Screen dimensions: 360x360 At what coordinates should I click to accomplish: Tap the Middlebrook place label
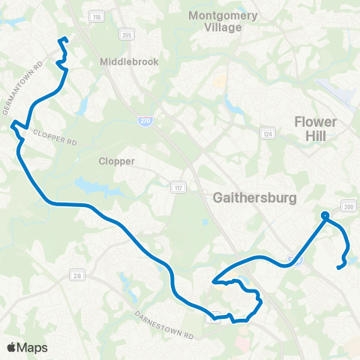tap(129, 62)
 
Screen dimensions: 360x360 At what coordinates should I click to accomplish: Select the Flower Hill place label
tap(317, 128)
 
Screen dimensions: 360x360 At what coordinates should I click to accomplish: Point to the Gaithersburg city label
tap(256, 198)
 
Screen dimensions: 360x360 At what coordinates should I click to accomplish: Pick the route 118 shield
tap(96, 16)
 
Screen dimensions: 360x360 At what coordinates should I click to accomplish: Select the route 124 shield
tap(266, 133)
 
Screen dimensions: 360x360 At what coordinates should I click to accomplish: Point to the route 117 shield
tap(176, 186)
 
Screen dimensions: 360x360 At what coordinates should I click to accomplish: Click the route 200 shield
tap(347, 206)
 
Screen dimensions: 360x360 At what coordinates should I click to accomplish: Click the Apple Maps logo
tap(27, 347)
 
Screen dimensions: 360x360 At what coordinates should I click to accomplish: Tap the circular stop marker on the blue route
tap(325, 217)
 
